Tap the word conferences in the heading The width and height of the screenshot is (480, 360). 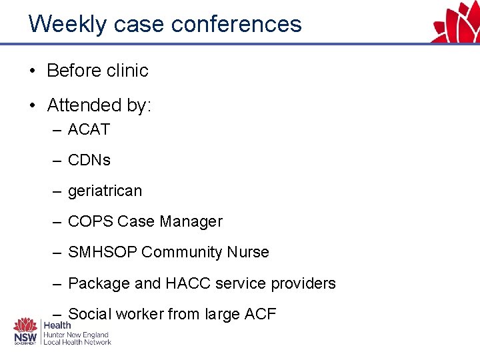tap(236, 24)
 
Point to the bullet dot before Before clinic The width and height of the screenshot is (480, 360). tap(33, 71)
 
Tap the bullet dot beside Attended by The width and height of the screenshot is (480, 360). tap(33, 105)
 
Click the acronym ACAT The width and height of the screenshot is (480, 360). tap(89, 129)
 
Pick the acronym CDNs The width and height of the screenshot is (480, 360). tap(89, 160)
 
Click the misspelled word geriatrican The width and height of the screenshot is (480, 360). tap(105, 191)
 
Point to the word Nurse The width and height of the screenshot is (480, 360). tap(248, 252)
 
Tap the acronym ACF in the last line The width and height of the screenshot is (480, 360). tap(261, 313)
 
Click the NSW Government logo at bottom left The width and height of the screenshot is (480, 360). tap(27, 331)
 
